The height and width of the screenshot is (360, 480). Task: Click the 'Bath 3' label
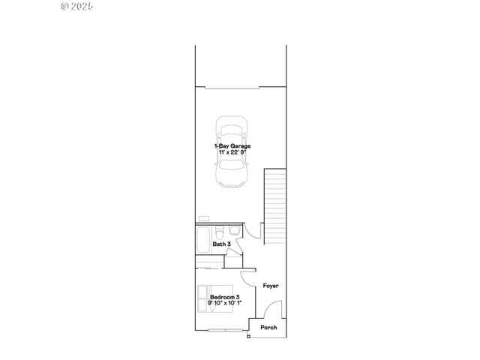coord(221,244)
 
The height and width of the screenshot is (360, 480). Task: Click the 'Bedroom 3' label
coord(225,297)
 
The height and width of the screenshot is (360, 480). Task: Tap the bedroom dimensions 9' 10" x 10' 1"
coord(225,304)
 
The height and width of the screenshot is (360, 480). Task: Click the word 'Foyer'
coord(271,286)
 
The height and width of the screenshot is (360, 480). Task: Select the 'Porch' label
coord(268,327)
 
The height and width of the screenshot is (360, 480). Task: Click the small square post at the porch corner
coord(248,336)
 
